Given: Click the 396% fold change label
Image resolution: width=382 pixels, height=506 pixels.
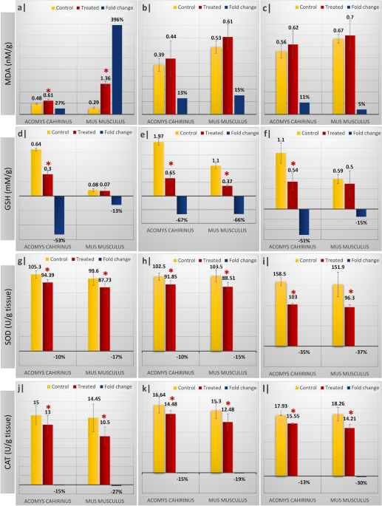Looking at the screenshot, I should point(117,20).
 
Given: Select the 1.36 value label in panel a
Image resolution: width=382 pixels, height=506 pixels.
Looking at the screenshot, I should point(105,78).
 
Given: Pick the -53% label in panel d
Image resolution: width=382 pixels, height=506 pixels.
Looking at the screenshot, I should point(60,239).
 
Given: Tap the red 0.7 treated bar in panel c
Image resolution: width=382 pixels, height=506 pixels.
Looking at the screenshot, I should point(349,75).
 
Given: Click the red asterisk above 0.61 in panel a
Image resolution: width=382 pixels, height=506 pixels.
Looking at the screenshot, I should point(49,92).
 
